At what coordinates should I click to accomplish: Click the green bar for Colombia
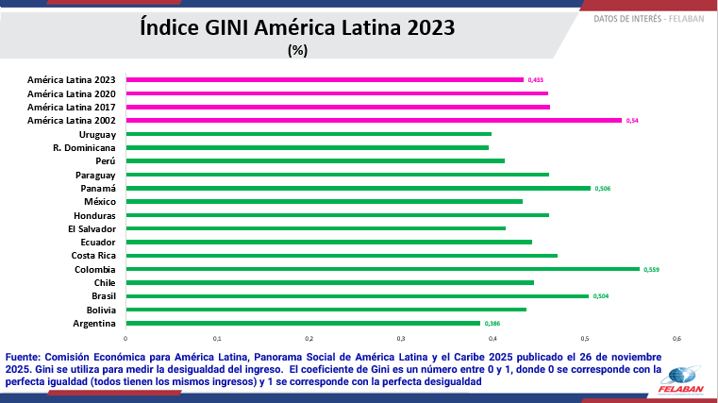point(382,269)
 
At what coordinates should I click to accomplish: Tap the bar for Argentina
point(303,323)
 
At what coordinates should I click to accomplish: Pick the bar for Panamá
point(358,188)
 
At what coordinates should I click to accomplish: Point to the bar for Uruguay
point(309,134)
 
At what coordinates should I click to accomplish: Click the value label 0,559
point(651,270)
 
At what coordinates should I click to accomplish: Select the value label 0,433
point(536,80)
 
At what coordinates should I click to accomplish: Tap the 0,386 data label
point(492,324)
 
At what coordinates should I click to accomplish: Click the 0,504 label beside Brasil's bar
point(601,296)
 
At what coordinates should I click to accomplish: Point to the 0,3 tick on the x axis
point(401,338)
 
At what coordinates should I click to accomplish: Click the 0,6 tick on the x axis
point(676,338)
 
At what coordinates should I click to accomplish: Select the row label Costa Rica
point(93,256)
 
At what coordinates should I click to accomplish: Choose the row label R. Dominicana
point(84,148)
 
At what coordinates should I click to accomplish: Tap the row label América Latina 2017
point(72,108)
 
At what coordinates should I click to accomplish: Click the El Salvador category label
point(92,228)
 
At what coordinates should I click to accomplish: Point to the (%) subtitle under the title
point(298,50)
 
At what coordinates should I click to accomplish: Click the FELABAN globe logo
point(684,375)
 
